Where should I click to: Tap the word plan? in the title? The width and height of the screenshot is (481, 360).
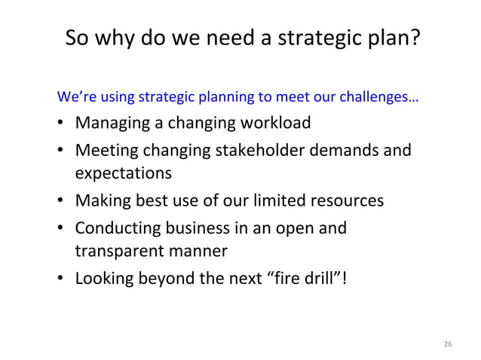pyautogui.click(x=391, y=38)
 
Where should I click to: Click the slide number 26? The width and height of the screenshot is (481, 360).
pyautogui.click(x=448, y=344)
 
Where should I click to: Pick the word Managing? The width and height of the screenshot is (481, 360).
pyautogui.click(x=110, y=123)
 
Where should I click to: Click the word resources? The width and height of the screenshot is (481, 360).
pyautogui.click(x=348, y=201)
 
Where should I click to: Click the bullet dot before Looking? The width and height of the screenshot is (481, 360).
pyautogui.click(x=60, y=280)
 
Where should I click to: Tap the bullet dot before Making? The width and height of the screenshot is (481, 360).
pyautogui.click(x=60, y=202)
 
